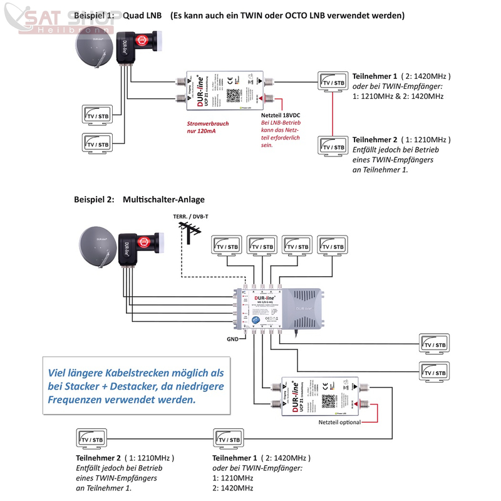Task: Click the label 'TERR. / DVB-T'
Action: click(191, 217)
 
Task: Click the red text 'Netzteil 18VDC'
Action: click(281, 115)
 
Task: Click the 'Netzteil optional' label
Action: click(340, 423)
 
